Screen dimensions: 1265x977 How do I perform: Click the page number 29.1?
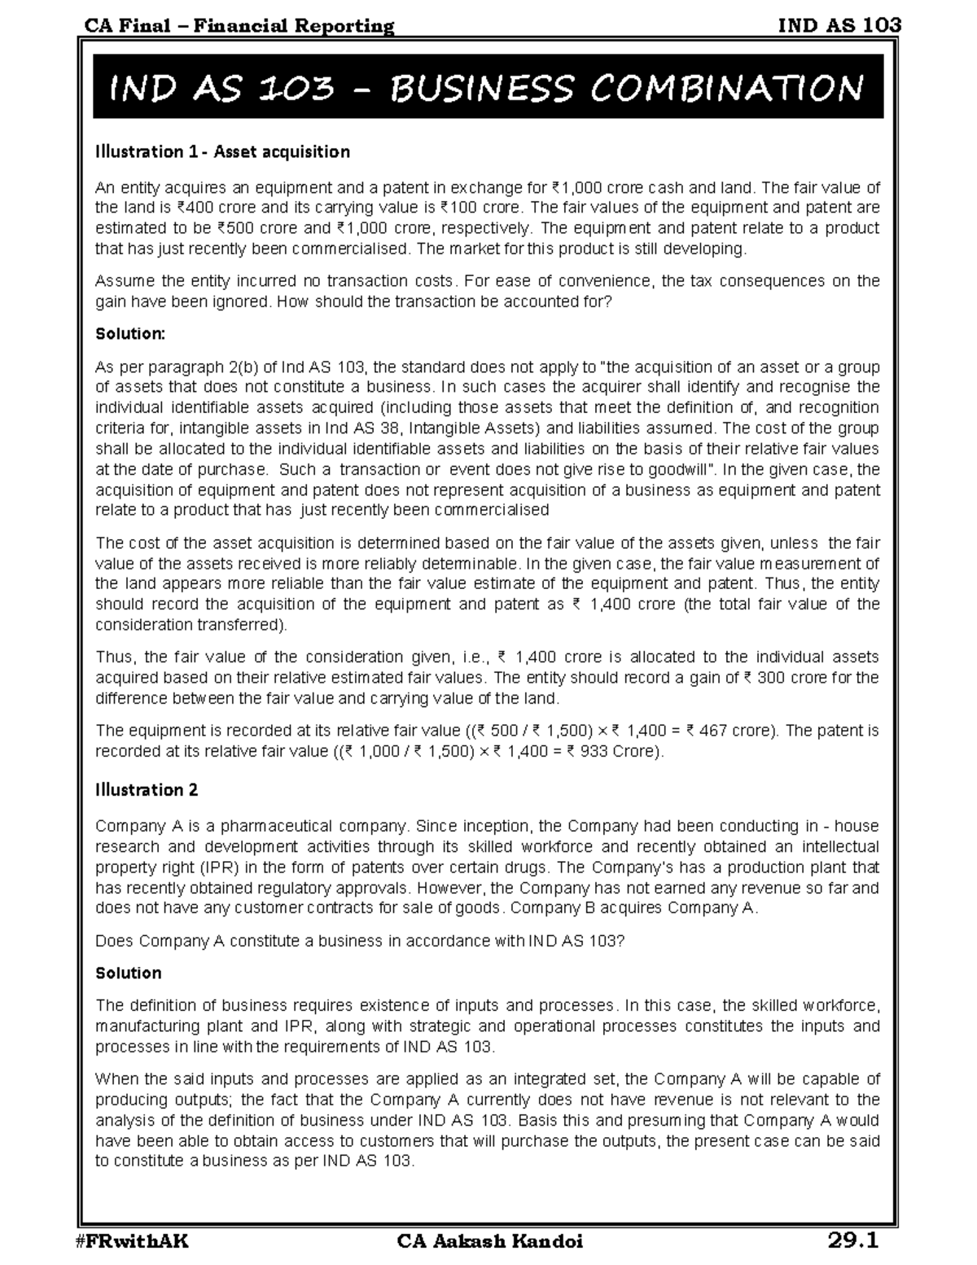click(x=852, y=1241)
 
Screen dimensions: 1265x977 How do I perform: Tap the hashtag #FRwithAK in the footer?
click(x=130, y=1242)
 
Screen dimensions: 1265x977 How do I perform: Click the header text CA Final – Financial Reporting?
click(x=239, y=26)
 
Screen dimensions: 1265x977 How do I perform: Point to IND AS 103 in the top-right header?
click(x=839, y=25)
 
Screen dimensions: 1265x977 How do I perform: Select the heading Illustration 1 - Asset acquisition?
click(x=222, y=152)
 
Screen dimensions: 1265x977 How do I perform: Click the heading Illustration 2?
click(x=147, y=789)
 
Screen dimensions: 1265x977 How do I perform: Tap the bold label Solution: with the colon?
click(x=130, y=334)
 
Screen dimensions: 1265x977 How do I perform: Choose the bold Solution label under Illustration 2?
click(x=128, y=973)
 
